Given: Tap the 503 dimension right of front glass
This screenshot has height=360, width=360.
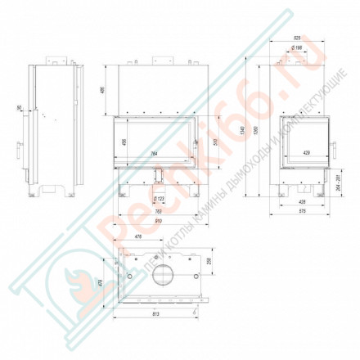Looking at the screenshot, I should [x=215, y=142].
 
